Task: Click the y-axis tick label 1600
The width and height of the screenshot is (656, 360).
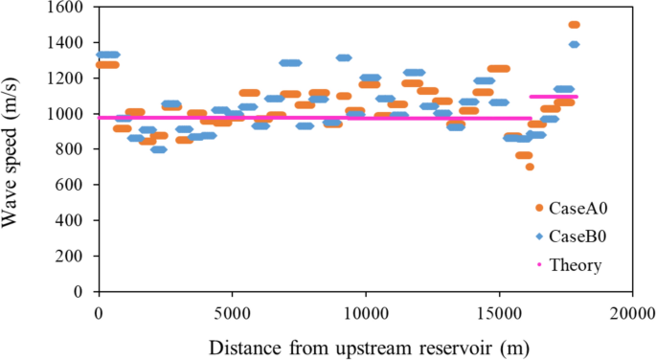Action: coord(67,8)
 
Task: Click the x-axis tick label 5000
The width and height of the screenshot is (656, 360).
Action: coord(232,312)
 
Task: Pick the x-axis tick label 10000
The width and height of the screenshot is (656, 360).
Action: coord(365,312)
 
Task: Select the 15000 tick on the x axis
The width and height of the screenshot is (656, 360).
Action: coord(498,312)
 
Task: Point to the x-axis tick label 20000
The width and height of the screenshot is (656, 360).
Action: coord(631,312)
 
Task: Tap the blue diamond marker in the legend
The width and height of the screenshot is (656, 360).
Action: coord(539,236)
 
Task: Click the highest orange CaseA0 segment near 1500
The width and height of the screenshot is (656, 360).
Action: coord(574,25)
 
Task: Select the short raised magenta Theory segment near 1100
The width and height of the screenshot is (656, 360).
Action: coord(554,97)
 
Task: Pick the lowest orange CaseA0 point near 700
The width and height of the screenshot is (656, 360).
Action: coord(530,167)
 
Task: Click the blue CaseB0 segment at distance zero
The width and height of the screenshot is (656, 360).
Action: coord(108,55)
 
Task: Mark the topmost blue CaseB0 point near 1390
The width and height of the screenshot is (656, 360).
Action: coord(574,44)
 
